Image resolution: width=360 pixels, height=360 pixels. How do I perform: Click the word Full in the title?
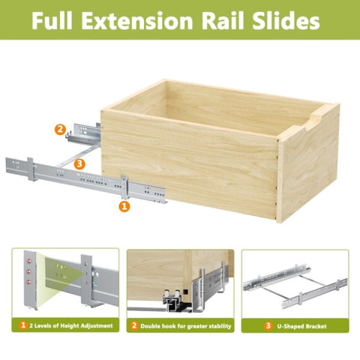[52, 20]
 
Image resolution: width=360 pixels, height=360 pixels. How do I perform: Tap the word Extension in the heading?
[137, 20]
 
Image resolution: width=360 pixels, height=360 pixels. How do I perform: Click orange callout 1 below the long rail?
[124, 206]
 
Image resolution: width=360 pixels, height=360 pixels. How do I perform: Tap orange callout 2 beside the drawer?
[60, 130]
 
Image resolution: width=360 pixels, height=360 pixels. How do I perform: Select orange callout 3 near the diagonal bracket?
[79, 164]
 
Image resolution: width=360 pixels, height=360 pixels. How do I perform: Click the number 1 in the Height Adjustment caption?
[23, 325]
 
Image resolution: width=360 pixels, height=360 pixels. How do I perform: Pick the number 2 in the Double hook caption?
[134, 325]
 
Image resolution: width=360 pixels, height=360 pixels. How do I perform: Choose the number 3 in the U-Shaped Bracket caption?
[268, 325]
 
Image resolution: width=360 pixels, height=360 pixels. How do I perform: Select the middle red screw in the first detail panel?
[28, 271]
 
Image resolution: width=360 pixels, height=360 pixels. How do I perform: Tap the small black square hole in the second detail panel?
[185, 292]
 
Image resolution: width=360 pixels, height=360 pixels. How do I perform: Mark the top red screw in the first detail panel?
[28, 262]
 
